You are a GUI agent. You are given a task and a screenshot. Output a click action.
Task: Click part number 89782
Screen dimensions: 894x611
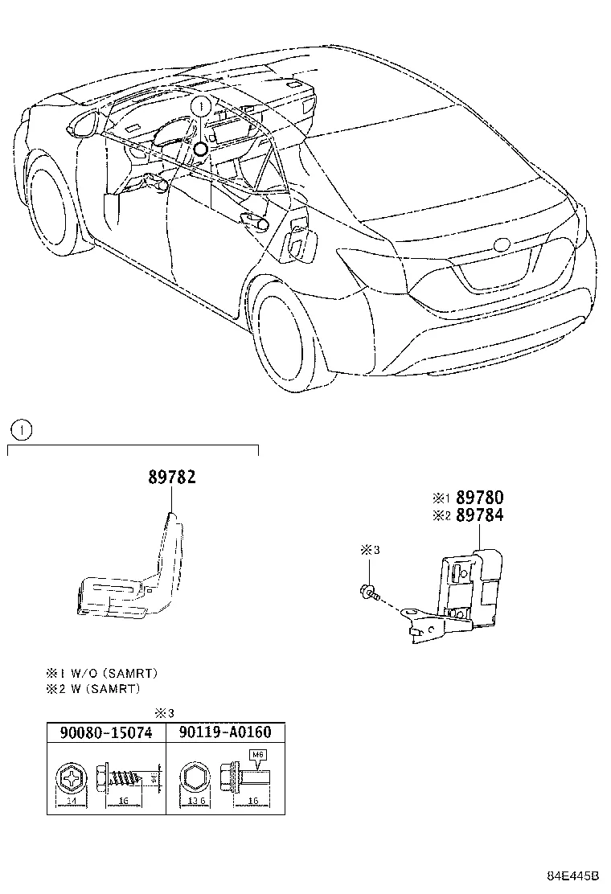click(171, 478)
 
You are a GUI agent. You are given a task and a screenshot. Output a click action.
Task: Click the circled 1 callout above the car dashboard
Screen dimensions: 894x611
click(201, 105)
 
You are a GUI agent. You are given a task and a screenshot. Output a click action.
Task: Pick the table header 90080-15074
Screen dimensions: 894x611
click(105, 732)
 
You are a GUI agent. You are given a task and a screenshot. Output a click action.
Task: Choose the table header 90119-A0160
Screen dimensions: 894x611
click(225, 732)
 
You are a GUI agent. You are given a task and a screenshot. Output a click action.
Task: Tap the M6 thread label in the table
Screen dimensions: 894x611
click(258, 755)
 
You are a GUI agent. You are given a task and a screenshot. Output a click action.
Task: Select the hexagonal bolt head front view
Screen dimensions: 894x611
click(195, 777)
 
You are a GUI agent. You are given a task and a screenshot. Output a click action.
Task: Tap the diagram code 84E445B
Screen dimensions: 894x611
click(574, 876)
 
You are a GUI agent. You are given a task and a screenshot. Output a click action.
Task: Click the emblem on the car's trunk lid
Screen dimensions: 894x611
click(502, 244)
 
